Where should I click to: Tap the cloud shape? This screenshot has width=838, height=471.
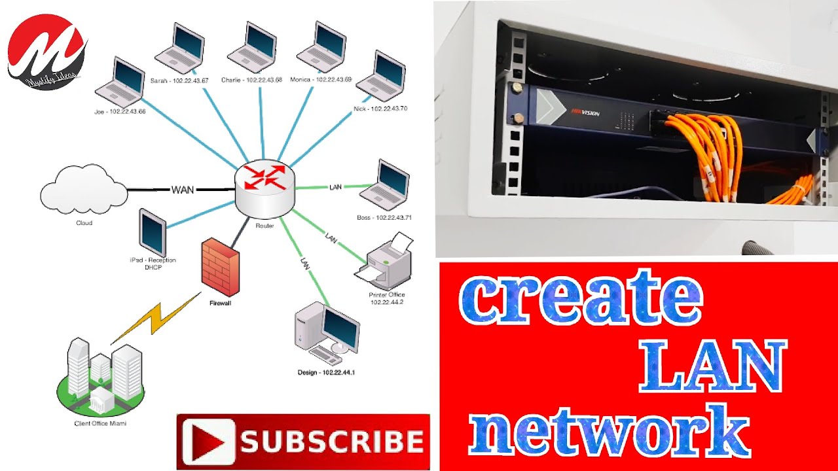(x=84, y=189)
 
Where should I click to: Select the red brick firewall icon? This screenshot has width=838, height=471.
(x=220, y=267)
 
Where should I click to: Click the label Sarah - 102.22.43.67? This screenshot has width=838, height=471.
(x=179, y=80)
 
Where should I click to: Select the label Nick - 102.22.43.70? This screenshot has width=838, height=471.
(x=380, y=109)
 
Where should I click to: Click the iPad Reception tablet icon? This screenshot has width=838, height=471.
(x=152, y=232)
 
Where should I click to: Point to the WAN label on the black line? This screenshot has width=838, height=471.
(x=183, y=190)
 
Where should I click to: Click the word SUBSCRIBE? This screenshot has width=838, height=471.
(x=330, y=442)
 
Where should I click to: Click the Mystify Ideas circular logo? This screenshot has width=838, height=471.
(x=46, y=51)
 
